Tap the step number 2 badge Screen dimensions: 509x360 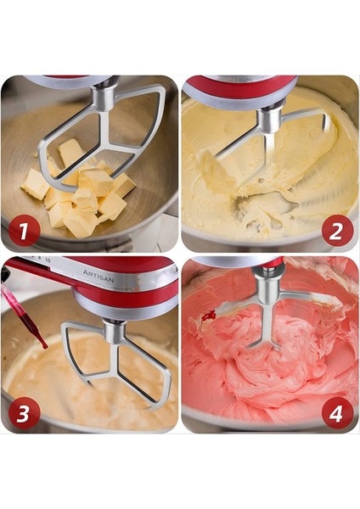(338, 230)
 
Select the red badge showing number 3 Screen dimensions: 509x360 (23, 413)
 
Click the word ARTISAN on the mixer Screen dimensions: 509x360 (98, 273)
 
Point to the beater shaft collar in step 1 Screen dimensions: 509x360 (104, 98)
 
